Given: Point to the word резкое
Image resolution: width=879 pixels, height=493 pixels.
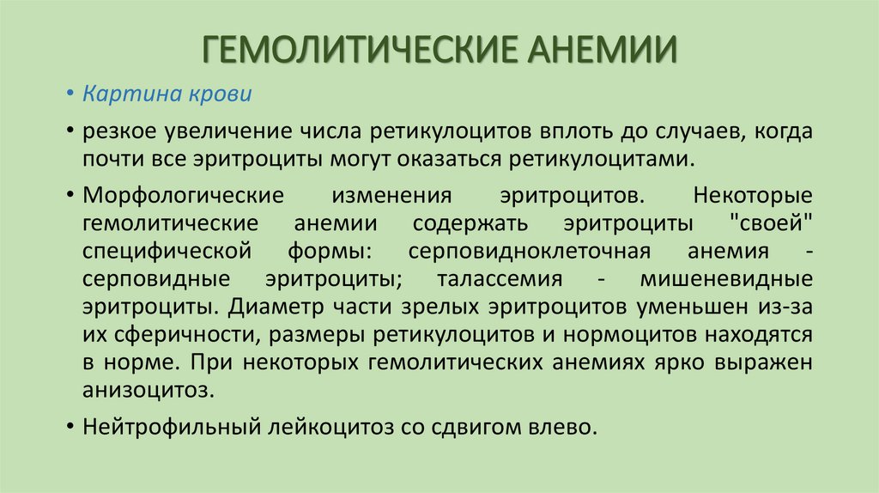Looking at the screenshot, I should coord(118,132).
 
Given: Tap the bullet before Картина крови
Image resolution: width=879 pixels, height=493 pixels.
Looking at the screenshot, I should coord(69,94).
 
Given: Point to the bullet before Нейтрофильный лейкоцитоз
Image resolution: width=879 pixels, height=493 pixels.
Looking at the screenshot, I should coord(69,427).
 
